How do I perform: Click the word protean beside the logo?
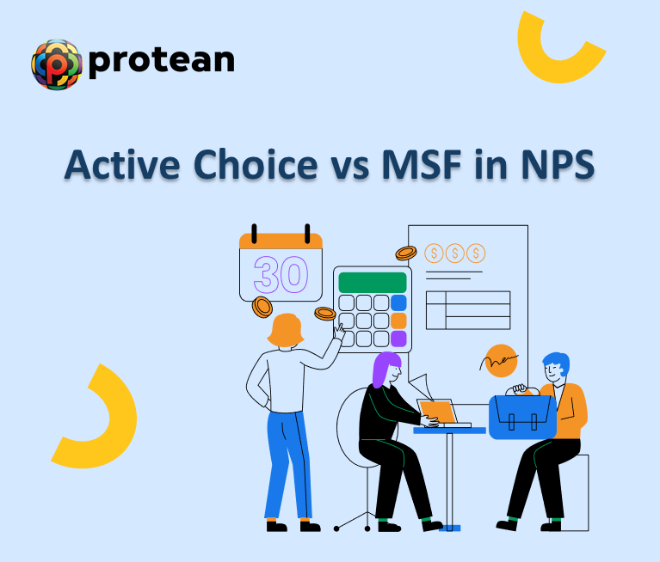pyautogui.click(x=161, y=61)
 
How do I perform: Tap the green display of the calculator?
pyautogui.click(x=373, y=283)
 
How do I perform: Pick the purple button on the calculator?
pyautogui.click(x=398, y=339)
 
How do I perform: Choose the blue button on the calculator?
pyautogui.click(x=398, y=302)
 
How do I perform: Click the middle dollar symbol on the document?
pyautogui.click(x=454, y=253)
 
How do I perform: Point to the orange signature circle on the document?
pyautogui.click(x=500, y=360)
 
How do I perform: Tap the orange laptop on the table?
pyautogui.click(x=438, y=412)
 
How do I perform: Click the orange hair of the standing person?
pyautogui.click(x=285, y=330)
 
